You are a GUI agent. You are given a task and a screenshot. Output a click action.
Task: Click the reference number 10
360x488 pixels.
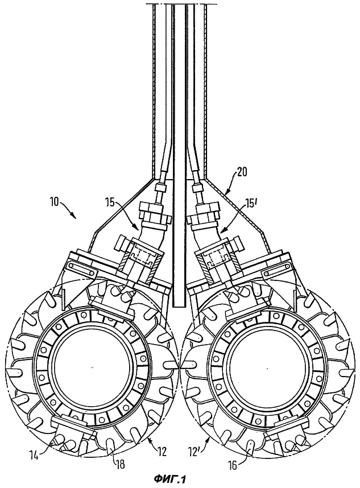[56, 202]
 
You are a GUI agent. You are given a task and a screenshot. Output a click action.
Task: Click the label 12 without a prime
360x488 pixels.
[162, 451]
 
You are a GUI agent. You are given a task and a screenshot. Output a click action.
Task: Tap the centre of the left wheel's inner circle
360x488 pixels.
[92, 367]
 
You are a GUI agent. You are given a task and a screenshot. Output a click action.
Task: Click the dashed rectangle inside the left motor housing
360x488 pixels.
[143, 257]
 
